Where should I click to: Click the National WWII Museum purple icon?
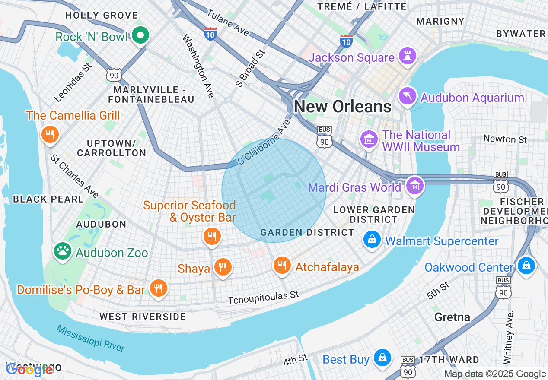pyautogui.click(x=369, y=139)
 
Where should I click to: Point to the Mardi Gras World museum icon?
pyautogui.click(x=415, y=186)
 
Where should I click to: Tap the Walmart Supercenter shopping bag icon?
pyautogui.click(x=372, y=239)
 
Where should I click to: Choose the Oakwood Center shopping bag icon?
pyautogui.click(x=526, y=265)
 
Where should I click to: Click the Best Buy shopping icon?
pyautogui.click(x=382, y=358)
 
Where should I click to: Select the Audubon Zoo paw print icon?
pyautogui.click(x=63, y=250)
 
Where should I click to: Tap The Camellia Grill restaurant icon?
pyautogui.click(x=50, y=134)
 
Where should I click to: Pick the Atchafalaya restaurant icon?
pyautogui.click(x=282, y=265)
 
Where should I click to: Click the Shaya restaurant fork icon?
pyautogui.click(x=223, y=267)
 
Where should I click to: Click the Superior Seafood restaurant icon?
pyautogui.click(x=212, y=236)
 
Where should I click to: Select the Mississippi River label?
pyautogui.click(x=90, y=338)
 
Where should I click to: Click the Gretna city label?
pyautogui.click(x=452, y=317)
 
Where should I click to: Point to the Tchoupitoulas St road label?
pyautogui.click(x=263, y=297)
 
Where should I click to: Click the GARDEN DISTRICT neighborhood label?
pyautogui.click(x=307, y=232)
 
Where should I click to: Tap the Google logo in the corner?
pyautogui.click(x=29, y=369)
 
